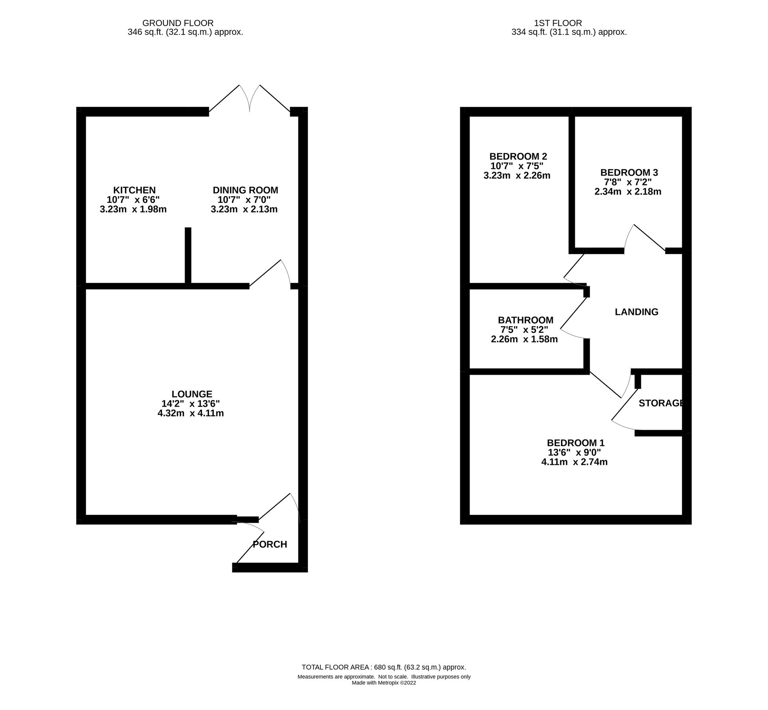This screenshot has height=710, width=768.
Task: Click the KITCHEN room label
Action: point(134,190)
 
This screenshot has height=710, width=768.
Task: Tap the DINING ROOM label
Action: point(245,190)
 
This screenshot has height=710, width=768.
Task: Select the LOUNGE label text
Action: point(192,394)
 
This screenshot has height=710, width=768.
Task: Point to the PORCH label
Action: point(270,544)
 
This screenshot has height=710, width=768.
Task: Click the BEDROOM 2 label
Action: point(518,156)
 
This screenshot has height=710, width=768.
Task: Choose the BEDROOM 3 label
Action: point(629,172)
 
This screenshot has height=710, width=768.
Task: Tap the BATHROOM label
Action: point(525,320)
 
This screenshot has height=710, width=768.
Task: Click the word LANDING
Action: point(636,312)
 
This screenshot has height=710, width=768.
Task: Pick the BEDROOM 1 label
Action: point(575,443)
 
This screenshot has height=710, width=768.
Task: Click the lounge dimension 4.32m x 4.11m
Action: point(190,413)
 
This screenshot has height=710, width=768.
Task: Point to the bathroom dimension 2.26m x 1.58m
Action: point(524,339)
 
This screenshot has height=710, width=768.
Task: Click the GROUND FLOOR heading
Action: point(178,23)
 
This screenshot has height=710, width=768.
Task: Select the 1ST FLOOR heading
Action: point(569,23)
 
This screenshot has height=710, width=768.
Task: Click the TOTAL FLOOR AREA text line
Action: point(384,667)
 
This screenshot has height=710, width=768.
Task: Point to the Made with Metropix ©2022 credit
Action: point(384,683)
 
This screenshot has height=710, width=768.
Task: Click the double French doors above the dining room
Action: point(250,99)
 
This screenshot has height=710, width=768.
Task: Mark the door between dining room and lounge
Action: point(270,274)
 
